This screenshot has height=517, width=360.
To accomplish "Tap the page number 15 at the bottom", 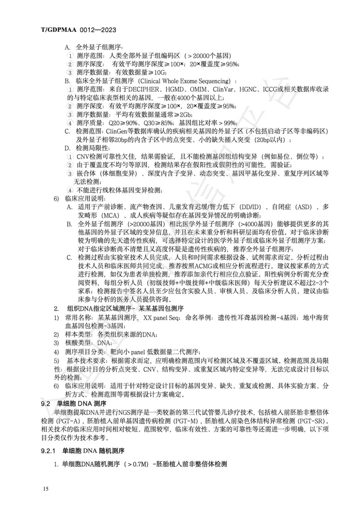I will [46, 489].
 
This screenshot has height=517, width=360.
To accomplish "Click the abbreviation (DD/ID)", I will [251, 207].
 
